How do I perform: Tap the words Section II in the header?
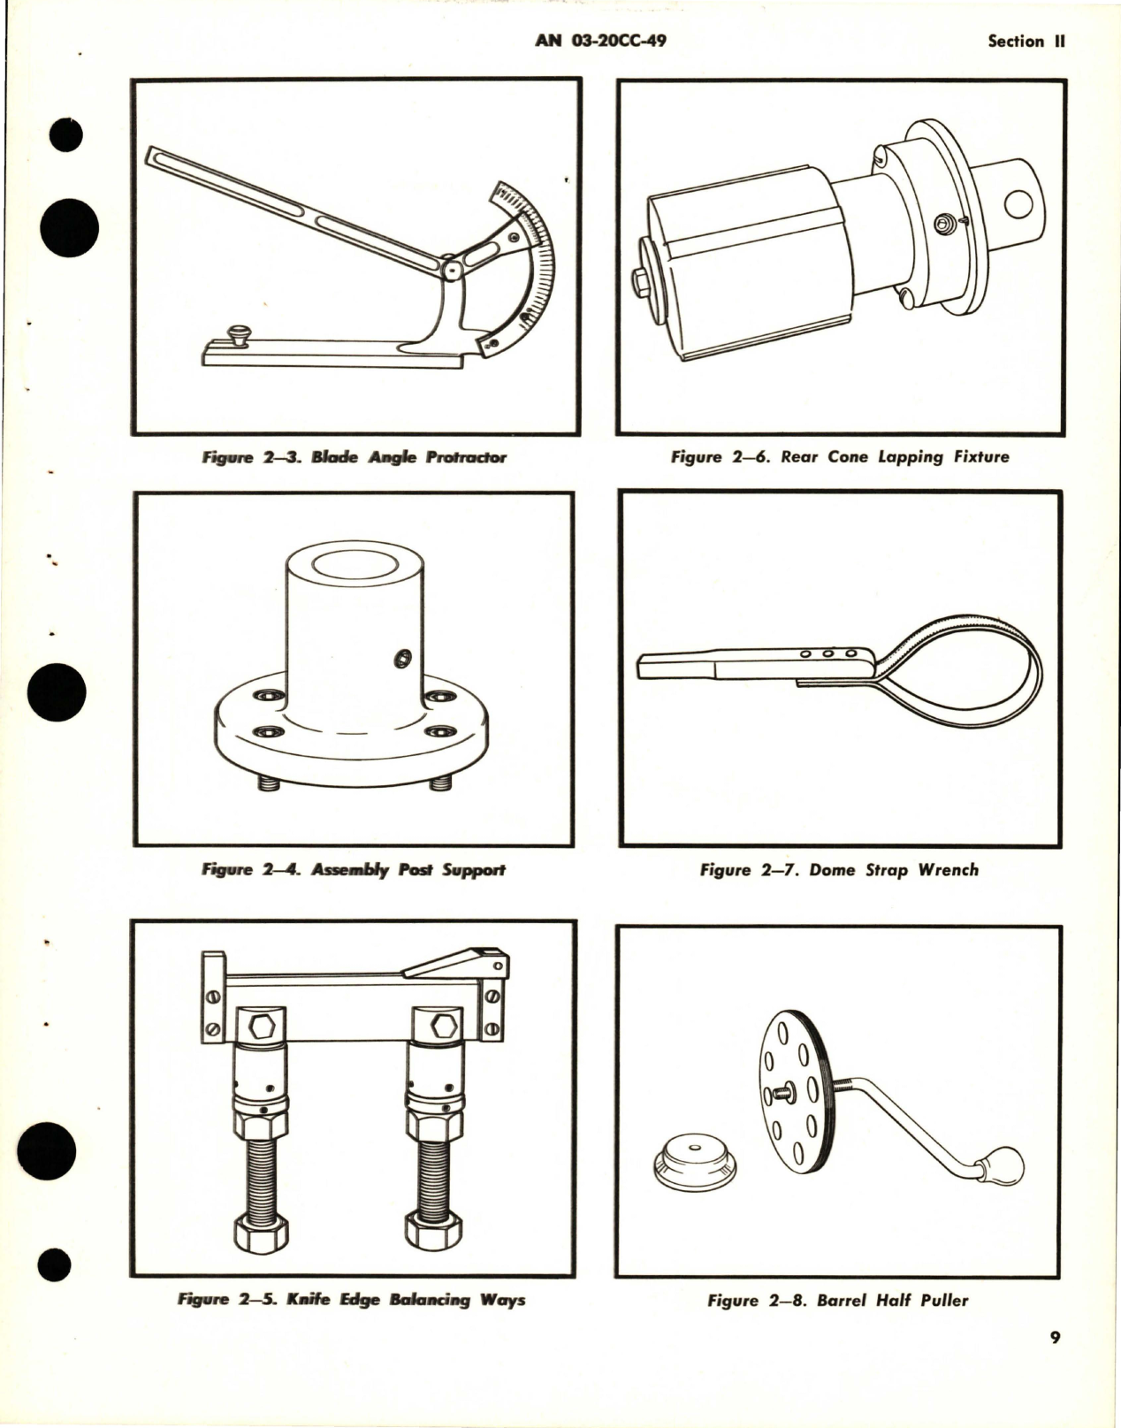1027,42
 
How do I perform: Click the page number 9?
1055,1338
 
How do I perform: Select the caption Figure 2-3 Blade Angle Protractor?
354,458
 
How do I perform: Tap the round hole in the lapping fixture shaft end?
1019,205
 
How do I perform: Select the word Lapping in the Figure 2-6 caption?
911,457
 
